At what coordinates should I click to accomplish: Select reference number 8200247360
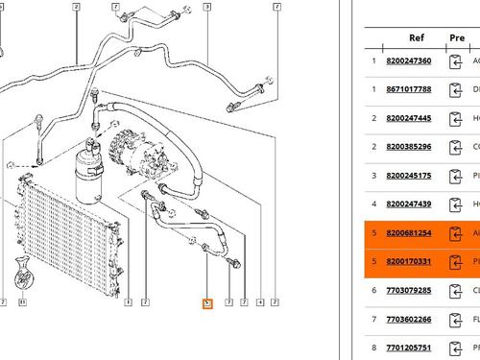[408, 61]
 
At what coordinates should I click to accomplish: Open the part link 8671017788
[408, 90]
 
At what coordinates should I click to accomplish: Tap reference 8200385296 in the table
[408, 147]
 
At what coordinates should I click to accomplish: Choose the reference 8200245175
[408, 176]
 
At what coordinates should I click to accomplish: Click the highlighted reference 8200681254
[408, 233]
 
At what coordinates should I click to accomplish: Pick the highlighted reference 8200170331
[408, 261]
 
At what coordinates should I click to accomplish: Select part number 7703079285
[408, 290]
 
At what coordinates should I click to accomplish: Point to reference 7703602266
[408, 319]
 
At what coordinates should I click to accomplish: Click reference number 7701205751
[408, 348]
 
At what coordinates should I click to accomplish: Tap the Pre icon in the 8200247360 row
[458, 61]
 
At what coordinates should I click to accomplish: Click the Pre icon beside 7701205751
[458, 348]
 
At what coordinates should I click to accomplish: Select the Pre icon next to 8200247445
[458, 119]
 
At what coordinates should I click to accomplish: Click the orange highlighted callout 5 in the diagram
[206, 304]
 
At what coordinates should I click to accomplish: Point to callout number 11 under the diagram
[23, 303]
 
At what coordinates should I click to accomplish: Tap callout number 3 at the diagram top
[206, 7]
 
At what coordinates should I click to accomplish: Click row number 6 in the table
[373, 290]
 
